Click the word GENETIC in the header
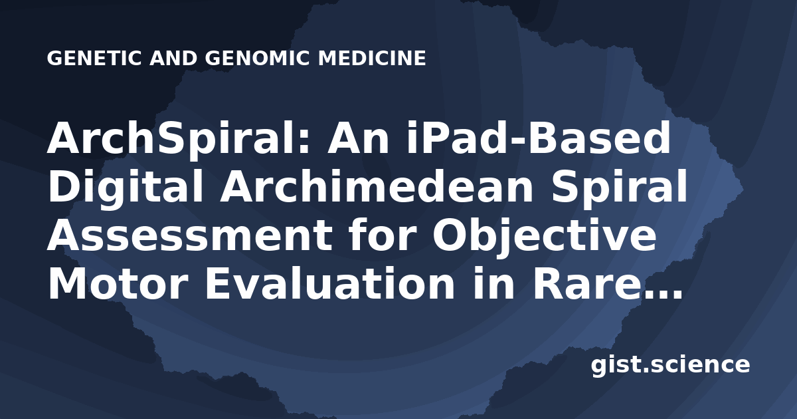point(94,58)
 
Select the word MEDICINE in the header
point(372,58)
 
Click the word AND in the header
point(173,58)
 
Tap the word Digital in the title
point(126,187)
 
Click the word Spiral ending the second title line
point(620,187)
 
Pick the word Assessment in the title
point(190,235)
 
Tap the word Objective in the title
point(545,235)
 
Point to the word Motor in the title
point(118,283)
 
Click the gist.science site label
point(670,365)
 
